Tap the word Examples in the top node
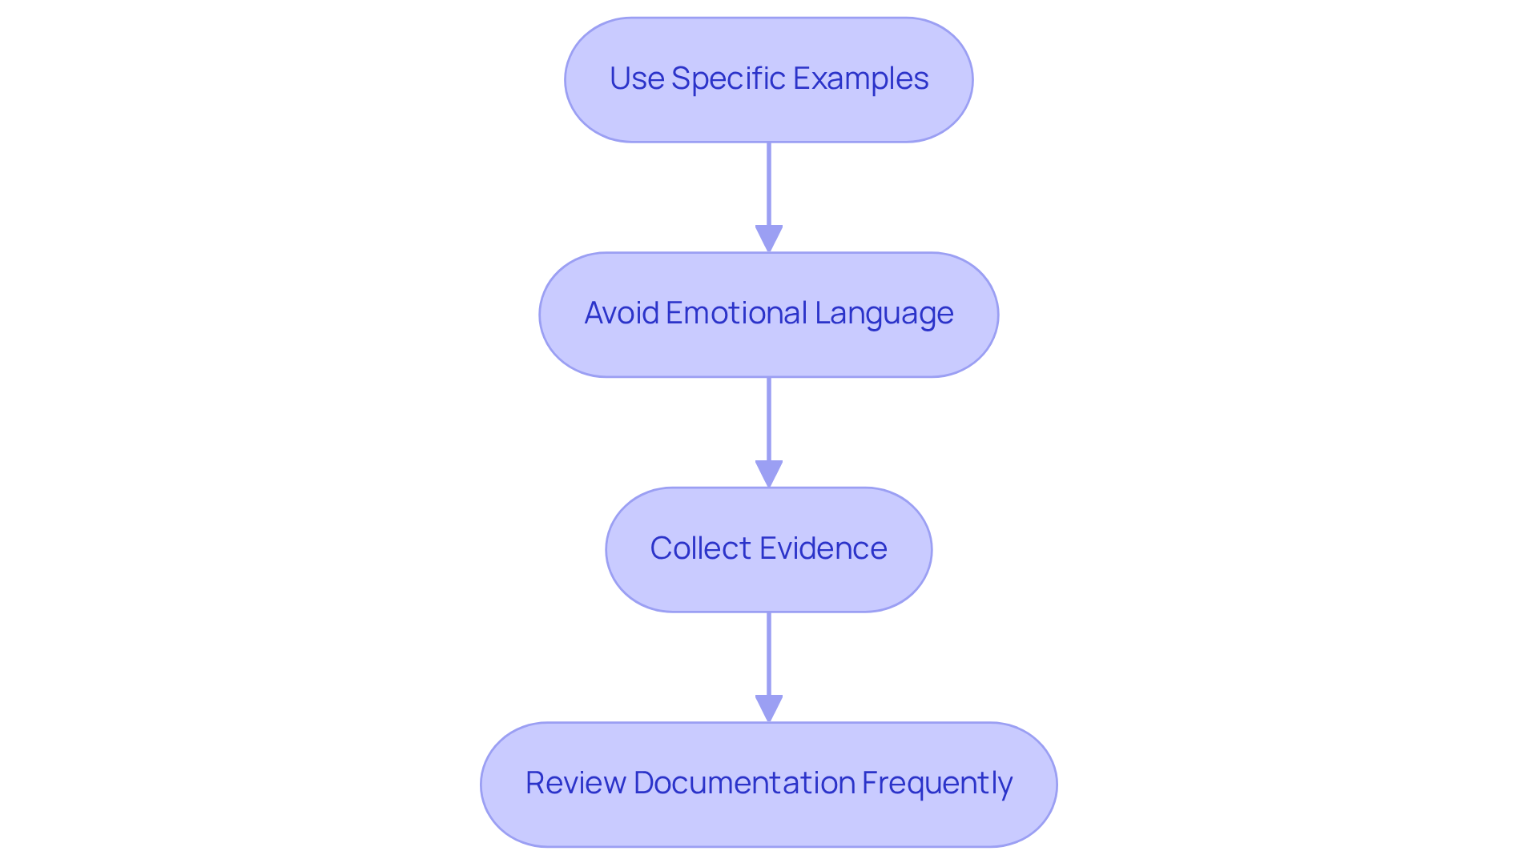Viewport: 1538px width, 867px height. coord(861,78)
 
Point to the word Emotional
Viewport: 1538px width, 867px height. coord(736,313)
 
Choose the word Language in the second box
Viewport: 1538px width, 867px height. coord(884,313)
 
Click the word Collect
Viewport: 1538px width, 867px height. coord(701,548)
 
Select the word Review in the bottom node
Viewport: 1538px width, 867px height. coord(575,783)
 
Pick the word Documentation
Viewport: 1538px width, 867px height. coord(744,783)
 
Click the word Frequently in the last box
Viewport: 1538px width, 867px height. coord(936,783)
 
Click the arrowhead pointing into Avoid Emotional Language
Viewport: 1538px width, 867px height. coord(769,239)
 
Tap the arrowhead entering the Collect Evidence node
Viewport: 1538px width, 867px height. coord(769,474)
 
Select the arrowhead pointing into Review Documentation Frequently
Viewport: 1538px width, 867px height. coord(769,708)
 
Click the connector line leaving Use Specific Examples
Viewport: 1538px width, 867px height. coord(769,184)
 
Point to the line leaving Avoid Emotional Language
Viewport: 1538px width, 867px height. coord(769,419)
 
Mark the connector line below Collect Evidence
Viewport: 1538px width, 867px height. coord(769,653)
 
